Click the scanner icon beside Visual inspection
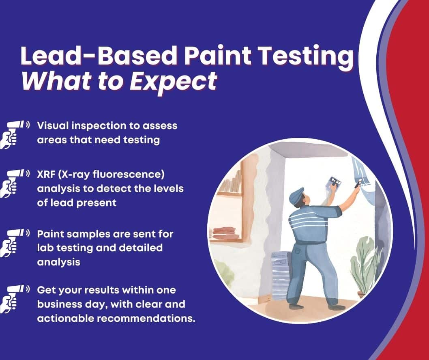point(14,134)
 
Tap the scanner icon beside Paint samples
point(14,241)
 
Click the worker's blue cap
point(296,195)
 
